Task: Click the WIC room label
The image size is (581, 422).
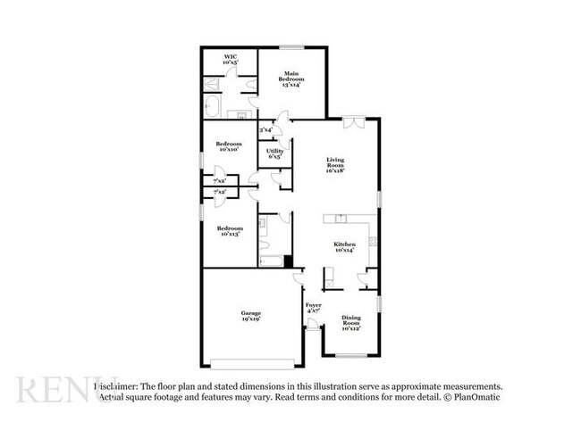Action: [x=231, y=60]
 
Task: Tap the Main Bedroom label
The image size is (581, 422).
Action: [x=291, y=79]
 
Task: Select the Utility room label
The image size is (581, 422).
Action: [x=275, y=153]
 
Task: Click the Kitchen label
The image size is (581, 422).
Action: [x=345, y=247]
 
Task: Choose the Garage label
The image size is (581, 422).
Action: [x=250, y=316]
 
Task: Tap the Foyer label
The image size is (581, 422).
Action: [x=314, y=308]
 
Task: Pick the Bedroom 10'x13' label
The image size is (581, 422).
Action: [x=229, y=230]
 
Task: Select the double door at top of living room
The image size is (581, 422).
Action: [x=353, y=123]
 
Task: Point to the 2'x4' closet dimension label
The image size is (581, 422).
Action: [x=266, y=131]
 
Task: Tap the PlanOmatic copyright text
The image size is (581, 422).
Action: [x=475, y=396]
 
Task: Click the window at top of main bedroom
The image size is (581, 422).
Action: [x=291, y=47]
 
